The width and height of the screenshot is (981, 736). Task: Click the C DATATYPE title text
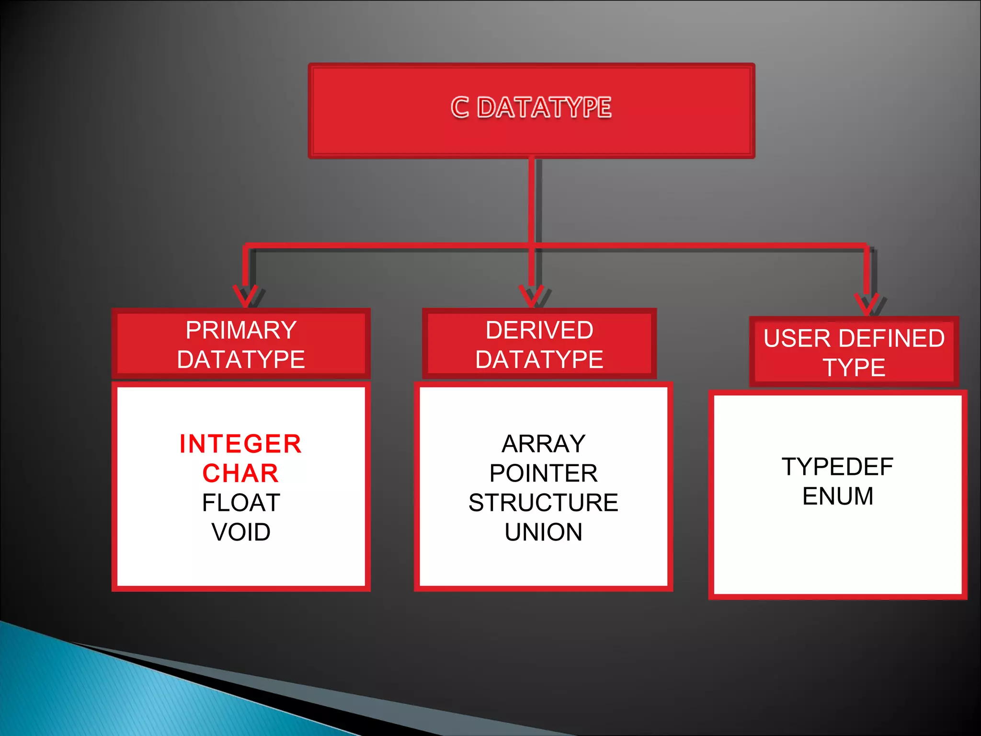531,107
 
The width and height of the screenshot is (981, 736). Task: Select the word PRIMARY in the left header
241,330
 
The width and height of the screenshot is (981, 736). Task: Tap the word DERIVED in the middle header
539,330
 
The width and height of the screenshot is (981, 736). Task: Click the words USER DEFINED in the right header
854,338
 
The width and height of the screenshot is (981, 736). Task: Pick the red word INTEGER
240,444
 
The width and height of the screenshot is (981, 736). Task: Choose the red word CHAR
240,473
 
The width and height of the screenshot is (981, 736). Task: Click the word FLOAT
241,503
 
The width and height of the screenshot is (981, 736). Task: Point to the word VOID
241,532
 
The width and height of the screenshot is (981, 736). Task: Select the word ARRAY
543,444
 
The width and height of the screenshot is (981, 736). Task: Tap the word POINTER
543,473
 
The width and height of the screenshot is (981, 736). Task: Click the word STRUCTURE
543,503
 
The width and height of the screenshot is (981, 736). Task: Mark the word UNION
543,532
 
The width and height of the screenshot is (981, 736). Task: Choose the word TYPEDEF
837,467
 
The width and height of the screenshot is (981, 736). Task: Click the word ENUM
837,496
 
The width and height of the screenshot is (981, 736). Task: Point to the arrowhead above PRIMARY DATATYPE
246,296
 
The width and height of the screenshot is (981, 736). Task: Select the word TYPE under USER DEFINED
854,368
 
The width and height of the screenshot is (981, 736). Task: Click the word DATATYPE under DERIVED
539,359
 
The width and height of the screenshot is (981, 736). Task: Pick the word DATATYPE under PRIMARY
241,359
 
